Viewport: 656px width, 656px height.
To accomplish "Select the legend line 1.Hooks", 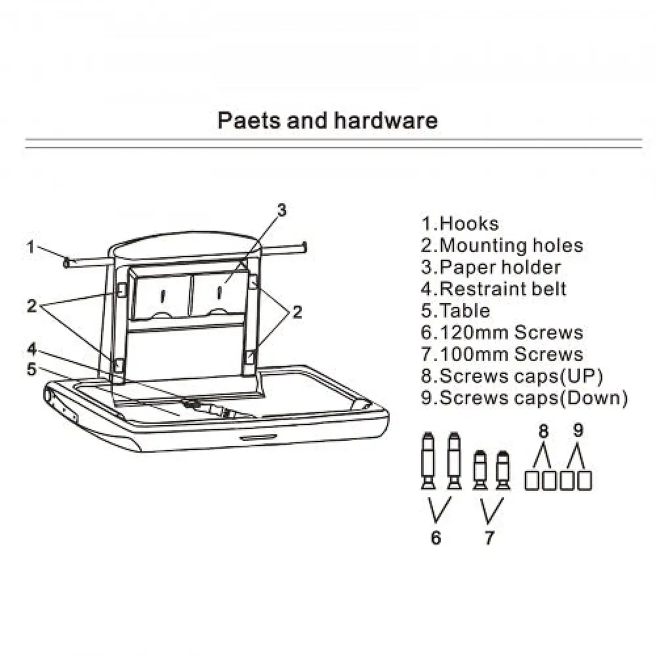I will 460,224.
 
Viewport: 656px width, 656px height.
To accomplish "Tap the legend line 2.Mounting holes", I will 502,245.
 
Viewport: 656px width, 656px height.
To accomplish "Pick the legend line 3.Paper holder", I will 491,267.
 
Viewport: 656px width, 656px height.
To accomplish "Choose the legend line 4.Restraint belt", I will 493,289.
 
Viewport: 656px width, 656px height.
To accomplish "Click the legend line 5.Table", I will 455,310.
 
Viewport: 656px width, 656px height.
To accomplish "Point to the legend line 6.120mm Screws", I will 502,332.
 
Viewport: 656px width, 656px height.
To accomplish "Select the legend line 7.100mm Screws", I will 502,354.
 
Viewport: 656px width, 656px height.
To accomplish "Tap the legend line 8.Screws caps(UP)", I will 512,376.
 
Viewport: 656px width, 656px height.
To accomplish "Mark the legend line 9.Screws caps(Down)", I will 524,398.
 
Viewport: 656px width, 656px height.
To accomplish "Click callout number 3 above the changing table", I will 281,210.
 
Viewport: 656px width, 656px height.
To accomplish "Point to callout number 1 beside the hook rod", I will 31,247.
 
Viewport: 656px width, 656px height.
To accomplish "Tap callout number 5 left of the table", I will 31,369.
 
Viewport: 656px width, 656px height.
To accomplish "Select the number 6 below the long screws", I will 436,538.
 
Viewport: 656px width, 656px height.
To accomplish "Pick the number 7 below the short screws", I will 489,538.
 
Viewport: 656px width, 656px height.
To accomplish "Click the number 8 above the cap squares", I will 543,431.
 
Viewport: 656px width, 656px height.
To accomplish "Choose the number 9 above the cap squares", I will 578,431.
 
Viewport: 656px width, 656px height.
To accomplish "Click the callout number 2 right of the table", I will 297,313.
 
